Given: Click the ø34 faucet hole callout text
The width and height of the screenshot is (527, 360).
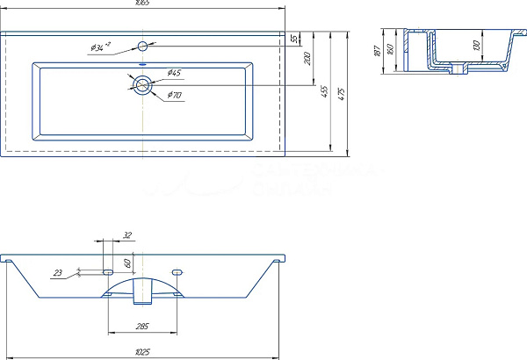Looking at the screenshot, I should tap(100, 48).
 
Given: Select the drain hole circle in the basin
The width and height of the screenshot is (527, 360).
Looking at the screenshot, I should tap(142, 85).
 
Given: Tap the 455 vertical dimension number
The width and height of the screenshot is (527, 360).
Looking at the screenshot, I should tap(323, 91).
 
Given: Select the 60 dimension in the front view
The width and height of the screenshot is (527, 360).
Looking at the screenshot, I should tap(127, 263).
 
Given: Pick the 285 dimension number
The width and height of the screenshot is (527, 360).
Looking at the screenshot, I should tap(141, 327).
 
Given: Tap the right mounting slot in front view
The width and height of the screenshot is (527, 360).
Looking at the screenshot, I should tap(177, 271).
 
